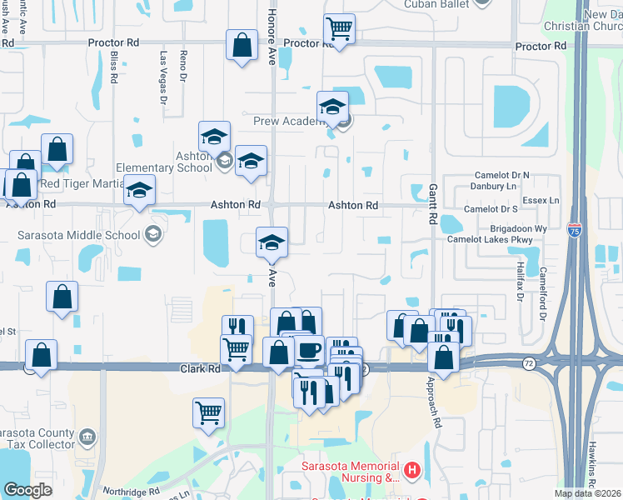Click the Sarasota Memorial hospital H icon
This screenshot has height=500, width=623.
point(413,472)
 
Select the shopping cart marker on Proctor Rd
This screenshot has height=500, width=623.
point(339,30)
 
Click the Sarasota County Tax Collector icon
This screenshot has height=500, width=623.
point(86,437)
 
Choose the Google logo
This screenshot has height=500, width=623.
point(27,490)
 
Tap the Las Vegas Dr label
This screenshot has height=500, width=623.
point(164,77)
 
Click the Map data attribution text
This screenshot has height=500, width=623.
point(588,493)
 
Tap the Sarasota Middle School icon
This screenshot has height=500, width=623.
point(152,234)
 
